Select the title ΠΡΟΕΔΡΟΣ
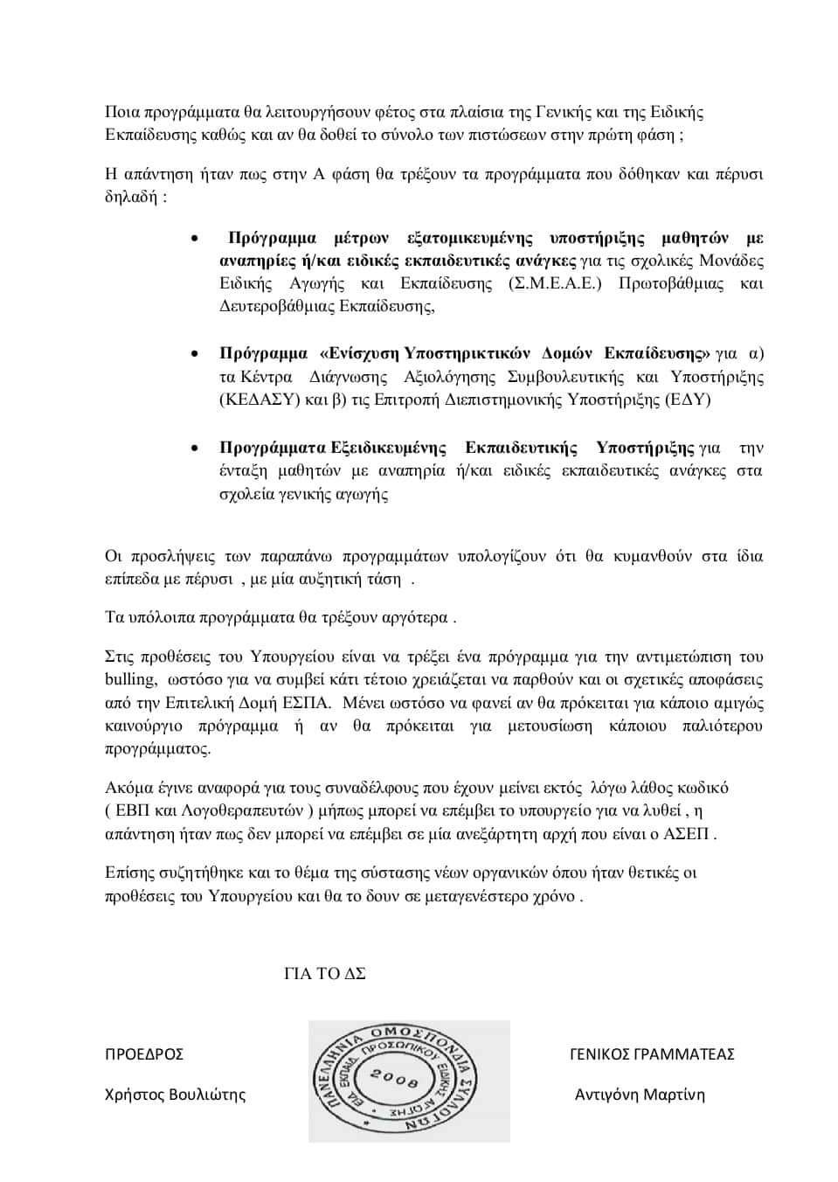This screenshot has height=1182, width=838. tap(144, 1053)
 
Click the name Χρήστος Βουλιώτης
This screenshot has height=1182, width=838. tap(175, 1095)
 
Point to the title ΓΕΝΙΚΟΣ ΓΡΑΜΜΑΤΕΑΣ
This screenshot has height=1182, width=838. tap(651, 1053)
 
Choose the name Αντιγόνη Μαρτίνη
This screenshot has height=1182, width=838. tap(640, 1095)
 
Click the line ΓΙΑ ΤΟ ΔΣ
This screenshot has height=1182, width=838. tap(324, 974)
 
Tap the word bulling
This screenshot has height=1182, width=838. tap(130, 679)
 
